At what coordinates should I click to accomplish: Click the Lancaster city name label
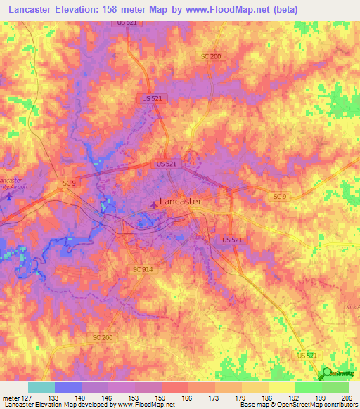(181, 201)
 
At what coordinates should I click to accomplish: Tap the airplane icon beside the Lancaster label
(153, 205)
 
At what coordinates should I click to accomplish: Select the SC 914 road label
(142, 269)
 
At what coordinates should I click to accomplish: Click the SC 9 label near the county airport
(68, 183)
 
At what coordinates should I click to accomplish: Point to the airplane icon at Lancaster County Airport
(8, 196)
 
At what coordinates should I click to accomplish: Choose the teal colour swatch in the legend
(41, 387)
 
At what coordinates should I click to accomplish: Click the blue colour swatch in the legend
(67, 387)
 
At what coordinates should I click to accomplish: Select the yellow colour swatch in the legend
(281, 387)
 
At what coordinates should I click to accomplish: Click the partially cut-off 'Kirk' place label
(352, 307)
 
